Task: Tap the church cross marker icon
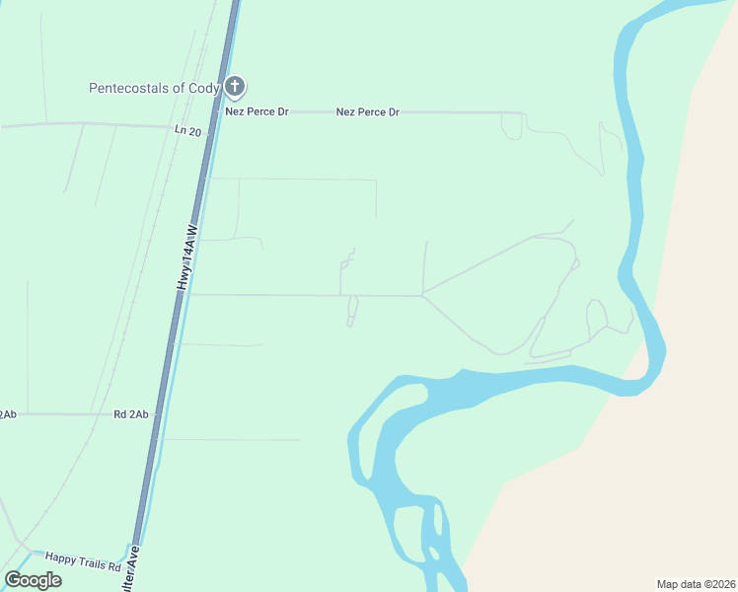coord(235,87)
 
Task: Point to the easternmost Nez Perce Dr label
coord(367,111)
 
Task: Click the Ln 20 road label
coord(187,131)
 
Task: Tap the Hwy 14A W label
coord(187,257)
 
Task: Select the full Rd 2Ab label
coord(130,414)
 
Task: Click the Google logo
coord(34,580)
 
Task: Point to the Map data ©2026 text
coord(695,584)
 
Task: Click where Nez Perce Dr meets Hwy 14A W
coord(217,111)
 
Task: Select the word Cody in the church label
coord(204,88)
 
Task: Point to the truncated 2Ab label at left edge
coord(8,414)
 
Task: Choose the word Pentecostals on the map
coord(129,88)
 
